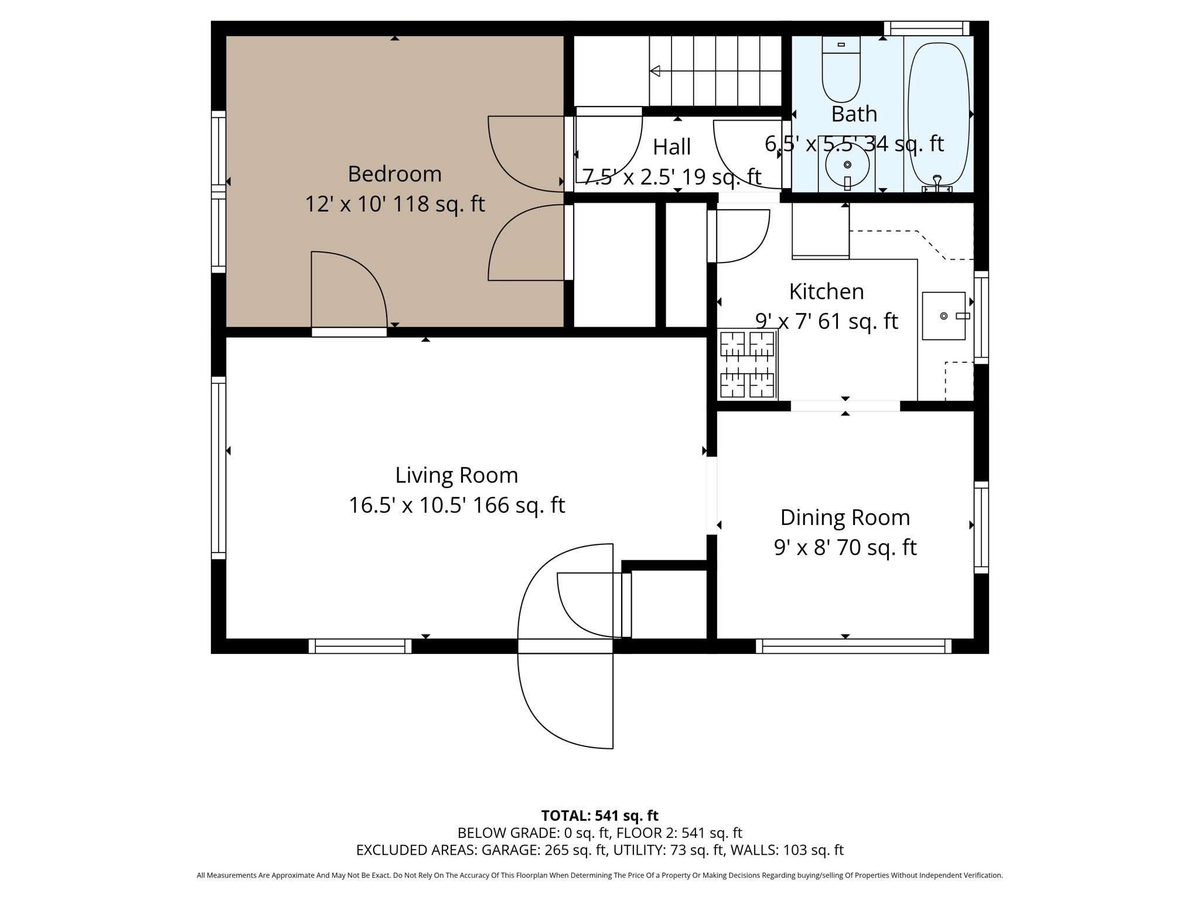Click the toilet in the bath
coord(841,69)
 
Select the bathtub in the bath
coord(937,111)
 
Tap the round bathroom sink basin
coord(847,165)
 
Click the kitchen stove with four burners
coord(747,364)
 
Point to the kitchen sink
coord(943,316)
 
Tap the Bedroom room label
coord(394,174)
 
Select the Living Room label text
coord(456,475)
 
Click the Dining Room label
coord(845,517)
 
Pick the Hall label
coord(671,147)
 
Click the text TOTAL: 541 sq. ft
coord(599,816)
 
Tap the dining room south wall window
coord(853,646)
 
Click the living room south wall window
coord(360,646)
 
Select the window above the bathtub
coord(926,28)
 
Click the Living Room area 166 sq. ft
coord(519,506)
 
